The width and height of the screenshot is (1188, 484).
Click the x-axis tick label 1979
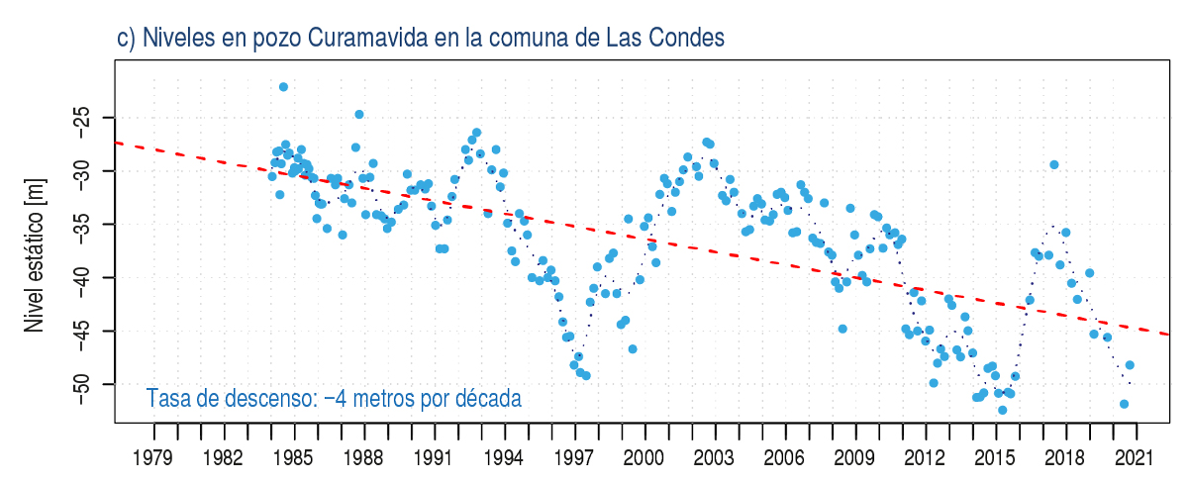[x=153, y=457]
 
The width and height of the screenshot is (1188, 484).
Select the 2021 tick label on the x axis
[x=1136, y=457]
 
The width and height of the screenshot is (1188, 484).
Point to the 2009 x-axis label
[x=854, y=457]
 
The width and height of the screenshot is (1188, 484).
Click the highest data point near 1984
[x=283, y=87]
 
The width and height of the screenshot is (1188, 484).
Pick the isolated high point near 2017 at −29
[x=1054, y=164]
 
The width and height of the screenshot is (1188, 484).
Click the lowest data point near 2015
[x=1002, y=410]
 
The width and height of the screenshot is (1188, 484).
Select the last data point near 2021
[x=1130, y=365]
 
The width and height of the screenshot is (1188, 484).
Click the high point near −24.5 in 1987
[x=359, y=115]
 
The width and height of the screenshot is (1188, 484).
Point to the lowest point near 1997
[x=586, y=375]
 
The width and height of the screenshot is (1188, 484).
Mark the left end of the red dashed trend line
[x=117, y=143]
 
